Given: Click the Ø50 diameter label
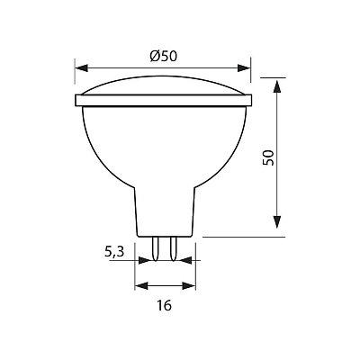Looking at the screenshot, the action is coord(164,56).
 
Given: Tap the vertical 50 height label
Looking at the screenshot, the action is coord(268,157).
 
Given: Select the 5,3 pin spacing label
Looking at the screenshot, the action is coord(114,251).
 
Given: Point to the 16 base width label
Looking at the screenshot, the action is coord(164,305).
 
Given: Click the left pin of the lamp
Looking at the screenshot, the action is coord(156,248).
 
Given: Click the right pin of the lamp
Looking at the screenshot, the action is coord(173,248).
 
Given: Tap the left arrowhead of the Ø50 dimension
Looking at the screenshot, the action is coord(81,67).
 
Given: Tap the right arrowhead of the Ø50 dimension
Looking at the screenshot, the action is coord(244,67).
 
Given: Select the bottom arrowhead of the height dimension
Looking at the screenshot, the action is coord(277,222).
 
